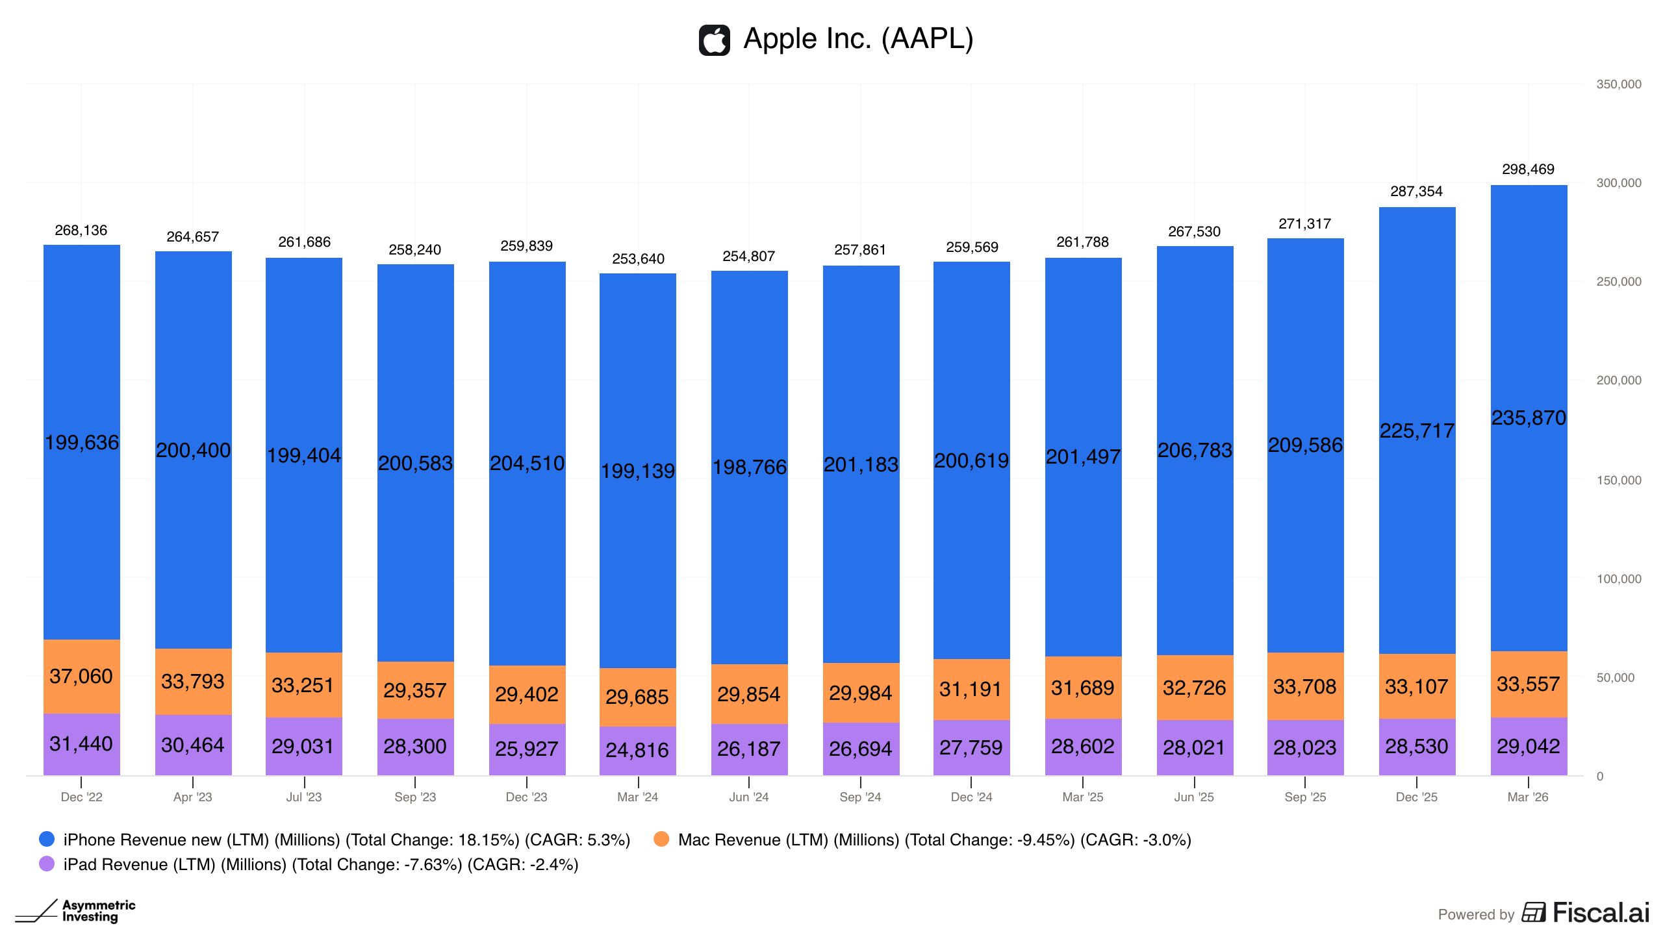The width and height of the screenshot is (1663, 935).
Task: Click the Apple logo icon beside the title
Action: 714,40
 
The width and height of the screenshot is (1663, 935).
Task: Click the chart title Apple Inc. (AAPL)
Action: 858,39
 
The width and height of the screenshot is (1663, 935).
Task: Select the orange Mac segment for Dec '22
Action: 82,677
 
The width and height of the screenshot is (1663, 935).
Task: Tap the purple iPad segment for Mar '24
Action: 638,751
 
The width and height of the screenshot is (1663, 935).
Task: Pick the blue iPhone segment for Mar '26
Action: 1529,418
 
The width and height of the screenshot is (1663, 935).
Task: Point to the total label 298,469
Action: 1528,169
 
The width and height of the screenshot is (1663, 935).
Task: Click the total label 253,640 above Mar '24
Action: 638,259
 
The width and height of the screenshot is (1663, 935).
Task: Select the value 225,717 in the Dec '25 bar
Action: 1417,431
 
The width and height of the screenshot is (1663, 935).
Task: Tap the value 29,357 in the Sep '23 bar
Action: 414,691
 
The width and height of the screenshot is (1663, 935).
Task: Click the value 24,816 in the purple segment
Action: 637,751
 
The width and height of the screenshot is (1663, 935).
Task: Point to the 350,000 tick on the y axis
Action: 1618,84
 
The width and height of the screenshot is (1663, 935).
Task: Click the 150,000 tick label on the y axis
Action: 1618,480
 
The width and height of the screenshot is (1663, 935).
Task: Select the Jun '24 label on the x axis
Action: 749,797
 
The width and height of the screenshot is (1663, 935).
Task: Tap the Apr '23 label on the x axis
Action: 193,797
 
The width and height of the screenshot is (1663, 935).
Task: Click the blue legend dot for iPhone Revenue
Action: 47,839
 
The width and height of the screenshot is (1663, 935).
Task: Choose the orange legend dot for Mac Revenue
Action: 661,839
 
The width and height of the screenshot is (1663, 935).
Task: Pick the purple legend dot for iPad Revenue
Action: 47,864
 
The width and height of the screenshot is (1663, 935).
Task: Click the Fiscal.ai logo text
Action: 1601,913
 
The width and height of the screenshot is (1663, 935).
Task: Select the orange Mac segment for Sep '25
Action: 1306,686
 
